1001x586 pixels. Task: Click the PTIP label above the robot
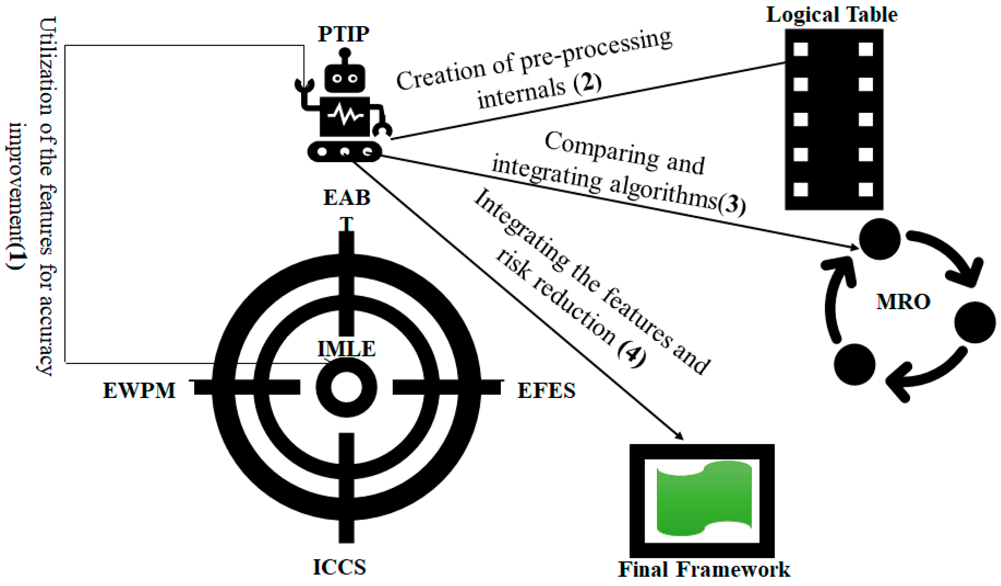click(x=344, y=34)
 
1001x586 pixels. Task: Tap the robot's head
click(x=345, y=78)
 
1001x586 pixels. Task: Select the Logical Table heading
click(x=832, y=15)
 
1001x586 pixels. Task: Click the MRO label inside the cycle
click(x=903, y=302)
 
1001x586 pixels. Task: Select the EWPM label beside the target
click(x=139, y=391)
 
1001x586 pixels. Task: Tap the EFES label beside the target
click(x=546, y=391)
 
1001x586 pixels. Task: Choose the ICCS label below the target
click(x=340, y=567)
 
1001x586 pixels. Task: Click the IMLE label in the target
click(x=346, y=349)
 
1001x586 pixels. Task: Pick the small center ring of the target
click(x=346, y=387)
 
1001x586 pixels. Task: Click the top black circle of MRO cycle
click(x=879, y=239)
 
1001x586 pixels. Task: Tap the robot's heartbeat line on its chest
click(x=345, y=115)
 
